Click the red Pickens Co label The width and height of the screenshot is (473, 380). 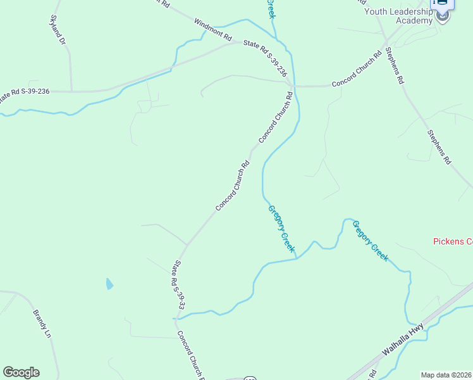453,241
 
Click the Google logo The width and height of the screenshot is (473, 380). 21,372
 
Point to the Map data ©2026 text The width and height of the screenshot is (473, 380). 446,375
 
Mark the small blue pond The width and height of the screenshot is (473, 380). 109,284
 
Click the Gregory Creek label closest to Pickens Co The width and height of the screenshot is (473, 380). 370,241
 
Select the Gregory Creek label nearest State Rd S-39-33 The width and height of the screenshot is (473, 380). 281,229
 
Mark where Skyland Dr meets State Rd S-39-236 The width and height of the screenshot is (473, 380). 71,91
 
